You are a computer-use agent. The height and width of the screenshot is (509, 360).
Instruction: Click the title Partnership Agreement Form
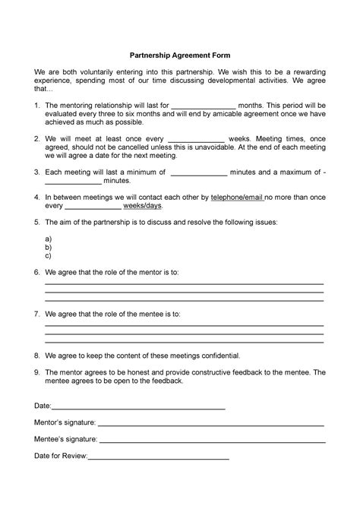(180, 55)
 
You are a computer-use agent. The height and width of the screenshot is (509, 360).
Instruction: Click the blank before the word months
(202, 106)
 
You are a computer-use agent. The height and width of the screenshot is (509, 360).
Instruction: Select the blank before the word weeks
(195, 141)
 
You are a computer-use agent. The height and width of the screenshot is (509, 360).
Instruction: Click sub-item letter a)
(49, 238)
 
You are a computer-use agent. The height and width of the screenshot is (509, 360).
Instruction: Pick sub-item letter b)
(49, 247)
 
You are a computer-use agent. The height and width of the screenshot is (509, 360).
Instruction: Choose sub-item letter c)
(49, 256)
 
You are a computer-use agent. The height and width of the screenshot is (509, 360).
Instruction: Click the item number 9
(37, 372)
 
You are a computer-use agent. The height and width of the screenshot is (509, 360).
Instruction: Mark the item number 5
(37, 222)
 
